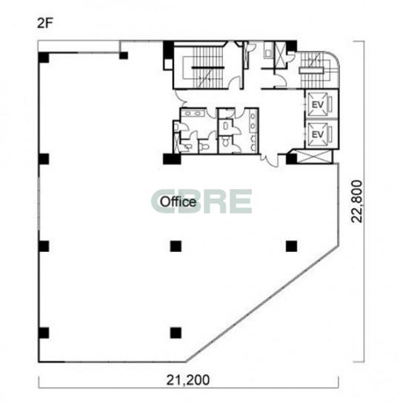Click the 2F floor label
tap(45, 24)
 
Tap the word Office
tap(178, 201)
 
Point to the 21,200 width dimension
tap(188, 380)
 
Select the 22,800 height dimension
tap(357, 201)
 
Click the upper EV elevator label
tap(317, 104)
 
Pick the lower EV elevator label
tap(317, 134)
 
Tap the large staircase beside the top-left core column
tap(207, 67)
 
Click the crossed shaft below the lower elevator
tap(315, 157)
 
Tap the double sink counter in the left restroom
tap(193, 113)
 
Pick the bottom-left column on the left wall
tap(44, 333)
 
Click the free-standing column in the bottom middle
tap(176, 333)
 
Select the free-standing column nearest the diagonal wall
tap(291, 246)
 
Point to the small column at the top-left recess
tap(124, 56)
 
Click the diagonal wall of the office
tap(262, 304)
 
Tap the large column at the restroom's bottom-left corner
tap(172, 159)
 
